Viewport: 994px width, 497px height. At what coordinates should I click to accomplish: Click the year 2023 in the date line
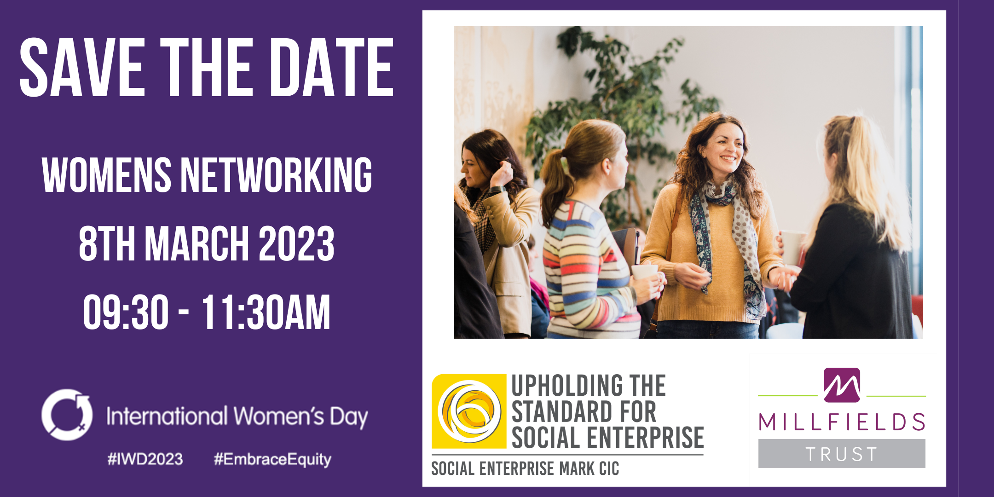tap(296, 243)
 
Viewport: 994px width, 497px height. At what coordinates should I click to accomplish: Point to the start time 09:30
tap(126, 312)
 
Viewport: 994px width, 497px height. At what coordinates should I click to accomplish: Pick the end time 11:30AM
tap(266, 312)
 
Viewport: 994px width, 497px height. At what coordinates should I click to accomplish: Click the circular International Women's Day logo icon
tap(67, 415)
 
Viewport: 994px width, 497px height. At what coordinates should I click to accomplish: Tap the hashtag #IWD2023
tap(145, 459)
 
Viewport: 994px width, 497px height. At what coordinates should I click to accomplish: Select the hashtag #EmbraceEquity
tap(272, 459)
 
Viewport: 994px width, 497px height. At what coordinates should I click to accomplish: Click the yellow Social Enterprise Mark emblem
tap(469, 411)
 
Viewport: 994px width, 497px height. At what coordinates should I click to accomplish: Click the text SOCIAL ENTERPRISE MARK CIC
tap(525, 469)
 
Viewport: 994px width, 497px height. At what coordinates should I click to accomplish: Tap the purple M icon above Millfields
tap(842, 385)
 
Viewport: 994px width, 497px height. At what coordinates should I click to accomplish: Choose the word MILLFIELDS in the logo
tap(842, 422)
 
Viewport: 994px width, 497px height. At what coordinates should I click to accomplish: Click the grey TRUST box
tap(842, 454)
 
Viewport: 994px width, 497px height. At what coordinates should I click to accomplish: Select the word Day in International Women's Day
tap(348, 417)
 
